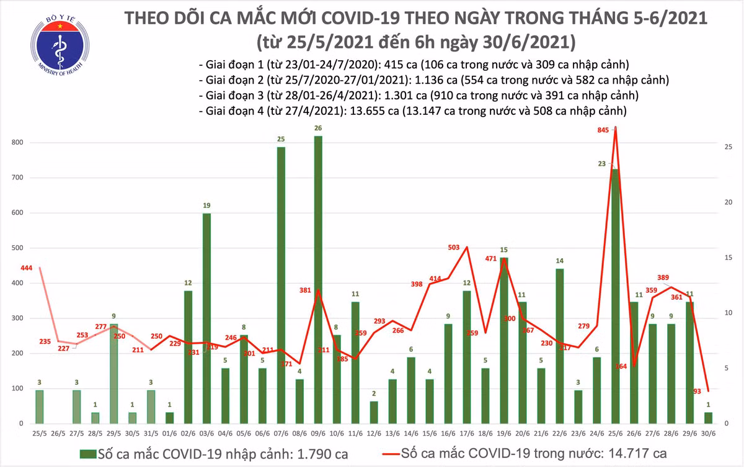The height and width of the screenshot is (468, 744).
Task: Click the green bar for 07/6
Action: (x=281, y=285)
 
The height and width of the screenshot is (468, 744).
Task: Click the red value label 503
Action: (x=453, y=248)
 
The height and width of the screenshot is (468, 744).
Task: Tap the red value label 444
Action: (x=27, y=268)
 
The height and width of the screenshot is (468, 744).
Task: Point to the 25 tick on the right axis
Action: (x=729, y=147)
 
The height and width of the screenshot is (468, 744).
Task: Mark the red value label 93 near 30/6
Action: (x=697, y=391)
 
